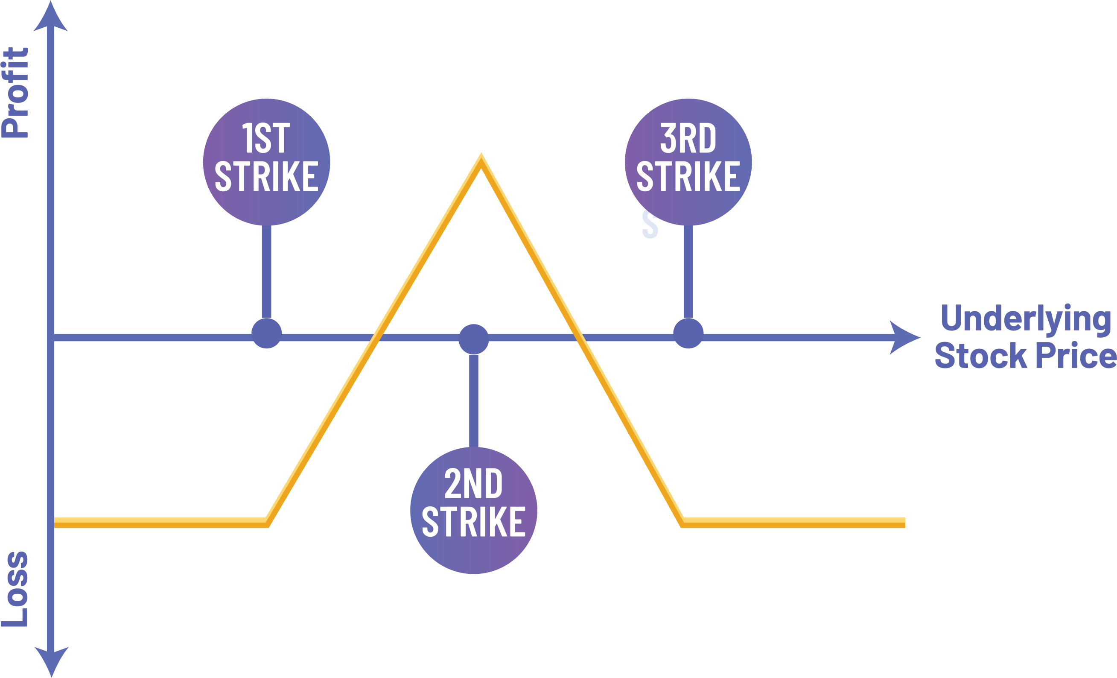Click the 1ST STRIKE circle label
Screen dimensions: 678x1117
tap(267, 162)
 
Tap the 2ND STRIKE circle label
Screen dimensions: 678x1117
tap(474, 510)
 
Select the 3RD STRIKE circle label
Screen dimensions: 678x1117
tap(688, 162)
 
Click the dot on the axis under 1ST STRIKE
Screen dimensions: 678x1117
tap(267, 333)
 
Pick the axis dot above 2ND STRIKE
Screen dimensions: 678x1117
tap(474, 339)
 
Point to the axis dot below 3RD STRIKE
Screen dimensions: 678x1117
tap(688, 333)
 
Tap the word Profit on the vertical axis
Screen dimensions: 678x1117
tap(15, 93)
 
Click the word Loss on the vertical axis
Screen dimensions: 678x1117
tap(15, 589)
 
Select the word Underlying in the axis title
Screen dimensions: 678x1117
tap(1025, 319)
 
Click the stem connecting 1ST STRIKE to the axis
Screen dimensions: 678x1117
tap(267, 272)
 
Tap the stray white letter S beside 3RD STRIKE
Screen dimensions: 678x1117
tap(650, 225)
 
